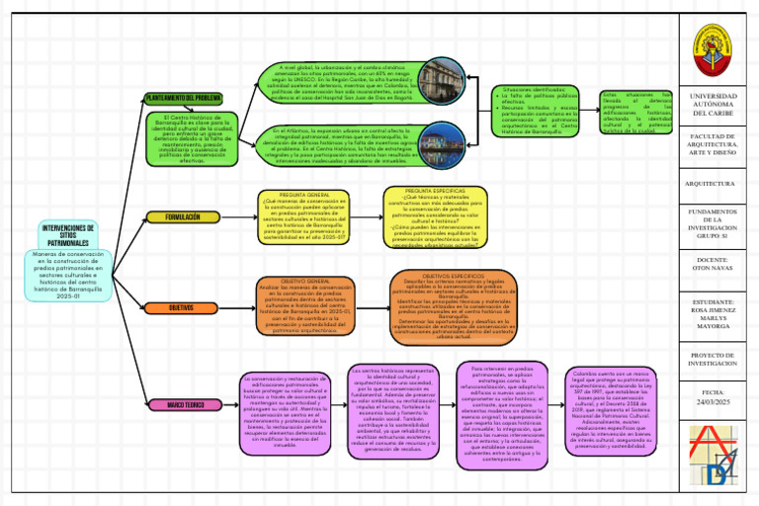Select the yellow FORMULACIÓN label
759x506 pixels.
coord(183,216)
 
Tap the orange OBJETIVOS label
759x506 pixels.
coord(183,308)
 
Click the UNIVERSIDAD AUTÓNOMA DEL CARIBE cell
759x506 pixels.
coord(718,103)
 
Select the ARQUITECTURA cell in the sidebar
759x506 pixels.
coord(718,183)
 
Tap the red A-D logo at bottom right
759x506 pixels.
coord(718,458)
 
